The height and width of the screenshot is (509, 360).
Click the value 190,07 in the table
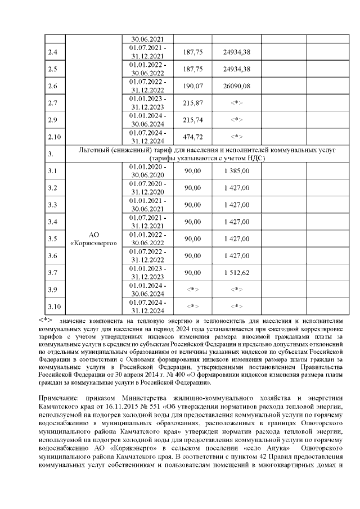click(193, 86)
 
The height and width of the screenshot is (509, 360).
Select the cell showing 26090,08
click(237, 86)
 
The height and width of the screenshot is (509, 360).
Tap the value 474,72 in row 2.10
click(193, 137)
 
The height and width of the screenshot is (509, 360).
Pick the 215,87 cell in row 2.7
click(193, 103)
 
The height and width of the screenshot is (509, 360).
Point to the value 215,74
click(193, 120)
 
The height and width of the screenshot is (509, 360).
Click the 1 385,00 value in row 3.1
click(237, 170)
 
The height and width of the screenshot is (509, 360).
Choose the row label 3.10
click(55, 307)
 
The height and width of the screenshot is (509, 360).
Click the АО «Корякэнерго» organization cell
click(94, 238)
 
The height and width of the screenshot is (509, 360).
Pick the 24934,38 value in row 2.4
click(237, 52)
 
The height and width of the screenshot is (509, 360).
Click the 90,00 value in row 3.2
click(193, 187)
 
